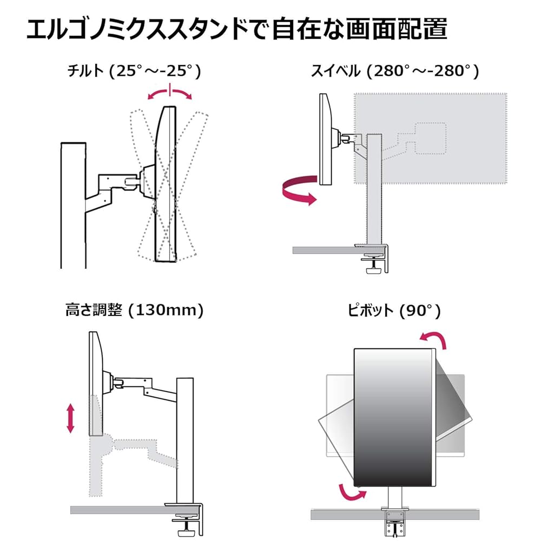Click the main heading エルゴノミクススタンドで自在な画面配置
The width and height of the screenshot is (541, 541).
pos(237,30)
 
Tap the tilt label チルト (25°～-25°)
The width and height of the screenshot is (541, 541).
pos(134,71)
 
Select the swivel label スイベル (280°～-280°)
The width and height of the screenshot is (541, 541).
pos(395,71)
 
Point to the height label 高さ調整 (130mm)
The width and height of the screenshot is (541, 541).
pos(135,310)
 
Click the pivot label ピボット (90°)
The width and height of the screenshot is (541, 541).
pos(394,311)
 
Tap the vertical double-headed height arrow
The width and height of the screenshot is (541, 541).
pos(70,418)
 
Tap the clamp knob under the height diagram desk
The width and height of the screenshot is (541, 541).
pos(186,524)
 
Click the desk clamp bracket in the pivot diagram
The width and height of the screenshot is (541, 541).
pos(395,523)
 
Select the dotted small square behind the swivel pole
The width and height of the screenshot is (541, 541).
pos(431,138)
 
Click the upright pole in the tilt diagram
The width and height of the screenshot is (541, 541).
pos(73,205)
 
